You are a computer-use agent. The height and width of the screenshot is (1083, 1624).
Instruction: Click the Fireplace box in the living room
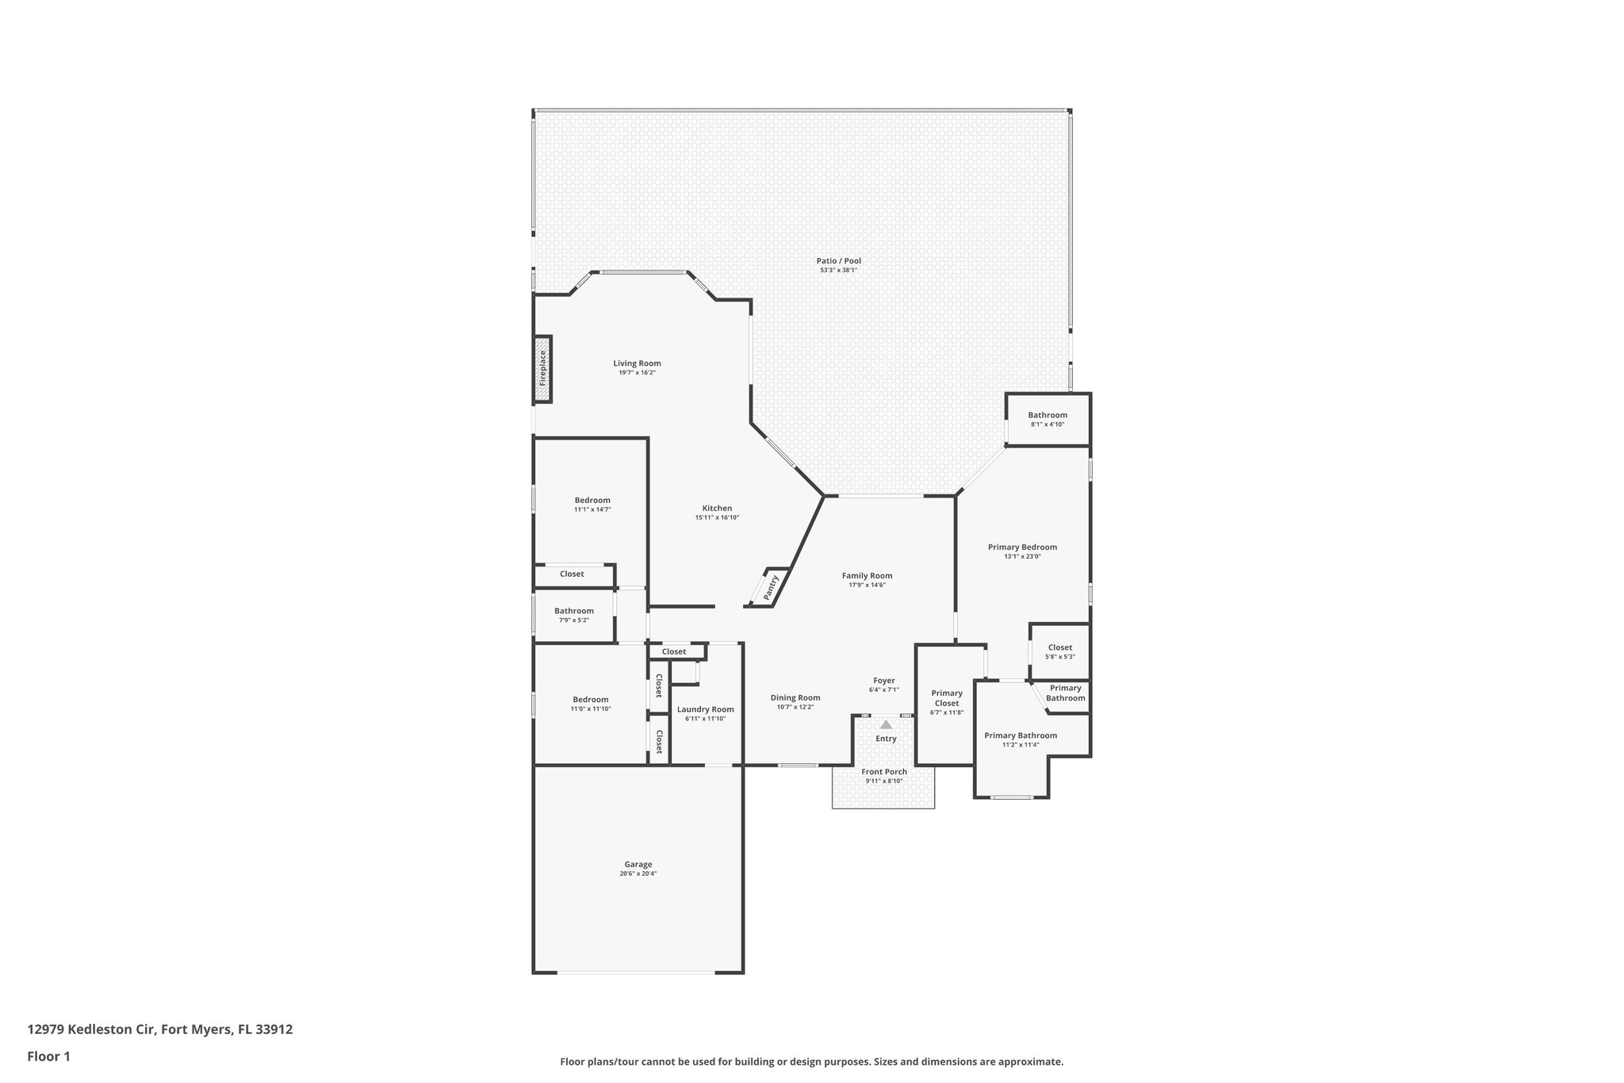point(543,369)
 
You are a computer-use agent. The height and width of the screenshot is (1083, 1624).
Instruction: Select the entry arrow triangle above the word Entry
point(886,724)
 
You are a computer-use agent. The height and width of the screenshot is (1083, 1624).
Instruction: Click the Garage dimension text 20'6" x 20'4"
point(638,874)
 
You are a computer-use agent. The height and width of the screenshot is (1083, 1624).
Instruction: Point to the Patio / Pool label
point(839,261)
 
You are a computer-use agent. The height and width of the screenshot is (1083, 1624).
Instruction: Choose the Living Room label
point(637,363)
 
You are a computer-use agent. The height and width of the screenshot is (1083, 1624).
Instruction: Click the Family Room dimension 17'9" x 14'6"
point(867,585)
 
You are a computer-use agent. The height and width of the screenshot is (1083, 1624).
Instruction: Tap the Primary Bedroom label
point(1022,547)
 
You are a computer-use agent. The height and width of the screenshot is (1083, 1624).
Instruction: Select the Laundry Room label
point(706,709)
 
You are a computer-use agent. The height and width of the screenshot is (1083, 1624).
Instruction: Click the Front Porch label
point(884,771)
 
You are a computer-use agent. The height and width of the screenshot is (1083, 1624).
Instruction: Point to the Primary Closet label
point(947,698)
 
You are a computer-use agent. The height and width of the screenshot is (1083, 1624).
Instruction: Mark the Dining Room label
point(795,697)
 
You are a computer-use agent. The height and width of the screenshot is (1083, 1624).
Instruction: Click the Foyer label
point(884,681)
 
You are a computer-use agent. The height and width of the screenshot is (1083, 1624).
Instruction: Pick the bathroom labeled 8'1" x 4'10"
point(1048,419)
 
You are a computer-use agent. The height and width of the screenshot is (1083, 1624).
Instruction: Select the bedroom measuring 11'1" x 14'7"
point(592,505)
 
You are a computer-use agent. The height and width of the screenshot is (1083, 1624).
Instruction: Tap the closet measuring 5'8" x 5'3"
point(1060,651)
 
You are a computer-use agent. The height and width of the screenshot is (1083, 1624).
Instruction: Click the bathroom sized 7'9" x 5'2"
point(574,615)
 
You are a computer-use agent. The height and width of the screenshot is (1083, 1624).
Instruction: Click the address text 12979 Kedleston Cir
point(92,1029)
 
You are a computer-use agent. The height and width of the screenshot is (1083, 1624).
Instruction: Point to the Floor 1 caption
point(49,1056)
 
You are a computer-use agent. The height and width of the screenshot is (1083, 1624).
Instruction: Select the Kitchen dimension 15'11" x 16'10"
point(717,517)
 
